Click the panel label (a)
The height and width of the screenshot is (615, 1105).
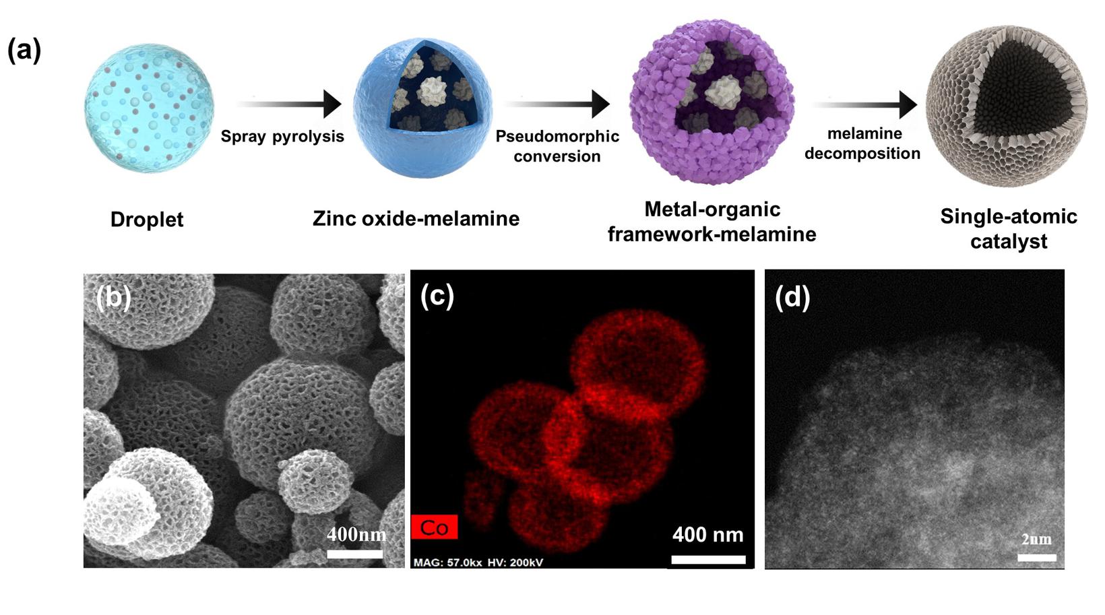24,51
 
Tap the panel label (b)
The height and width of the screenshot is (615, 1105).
113,297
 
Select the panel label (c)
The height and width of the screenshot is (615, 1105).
437,297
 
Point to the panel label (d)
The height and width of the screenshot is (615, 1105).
792,297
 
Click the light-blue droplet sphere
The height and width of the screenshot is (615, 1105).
149,108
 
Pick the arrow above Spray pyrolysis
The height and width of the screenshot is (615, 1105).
289,104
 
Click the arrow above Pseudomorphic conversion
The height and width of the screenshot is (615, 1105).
557,104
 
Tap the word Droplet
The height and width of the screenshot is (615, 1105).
146,220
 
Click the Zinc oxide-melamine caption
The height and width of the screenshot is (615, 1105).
416,218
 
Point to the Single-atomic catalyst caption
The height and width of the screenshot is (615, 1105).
1008,229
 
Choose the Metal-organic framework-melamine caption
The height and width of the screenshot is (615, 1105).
712,222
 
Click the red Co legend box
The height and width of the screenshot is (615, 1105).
434,527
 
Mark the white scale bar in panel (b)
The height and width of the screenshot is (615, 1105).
354,554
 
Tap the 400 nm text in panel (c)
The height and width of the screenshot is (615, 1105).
708,535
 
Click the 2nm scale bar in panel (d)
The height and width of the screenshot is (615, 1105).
1036,558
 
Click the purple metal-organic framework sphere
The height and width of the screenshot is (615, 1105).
712,102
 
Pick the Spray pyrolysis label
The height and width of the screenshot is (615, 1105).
282,137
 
